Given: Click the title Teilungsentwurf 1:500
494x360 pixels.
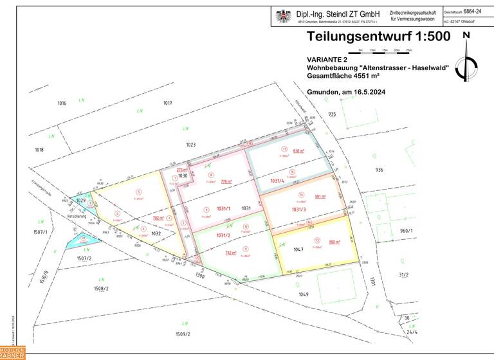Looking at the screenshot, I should (378, 37).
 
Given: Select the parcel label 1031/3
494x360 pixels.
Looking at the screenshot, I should (299, 209).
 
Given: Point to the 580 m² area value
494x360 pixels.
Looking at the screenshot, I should (334, 242).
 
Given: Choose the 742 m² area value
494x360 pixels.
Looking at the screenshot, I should (230, 253).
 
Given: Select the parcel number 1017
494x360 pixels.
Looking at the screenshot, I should (168, 103).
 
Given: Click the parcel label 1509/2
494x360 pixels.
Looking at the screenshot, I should (183, 334).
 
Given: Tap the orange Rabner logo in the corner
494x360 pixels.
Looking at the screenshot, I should (12, 353).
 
